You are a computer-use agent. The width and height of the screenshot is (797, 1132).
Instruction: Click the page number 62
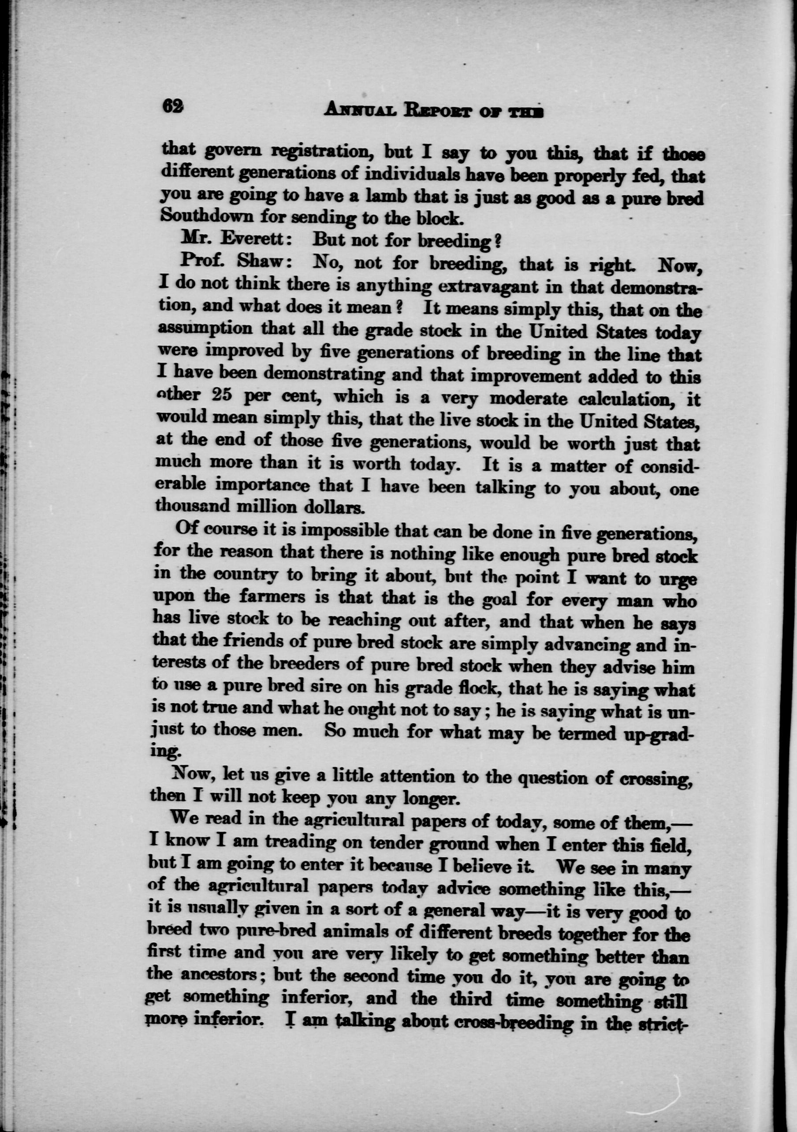[x=173, y=105]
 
